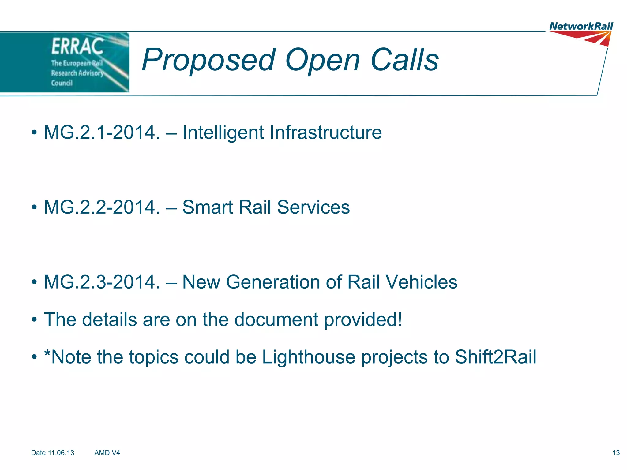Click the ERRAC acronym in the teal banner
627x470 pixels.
click(77, 47)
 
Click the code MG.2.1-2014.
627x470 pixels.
click(102, 132)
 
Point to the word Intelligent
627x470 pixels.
click(223, 132)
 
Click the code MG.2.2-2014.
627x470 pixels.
click(102, 207)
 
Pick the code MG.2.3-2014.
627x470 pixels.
click(102, 282)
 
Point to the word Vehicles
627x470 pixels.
click(421, 282)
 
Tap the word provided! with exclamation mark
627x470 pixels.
click(363, 320)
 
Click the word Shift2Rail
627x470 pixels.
click(495, 357)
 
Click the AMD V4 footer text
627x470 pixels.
click(107, 453)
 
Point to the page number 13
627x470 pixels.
click(616, 453)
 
